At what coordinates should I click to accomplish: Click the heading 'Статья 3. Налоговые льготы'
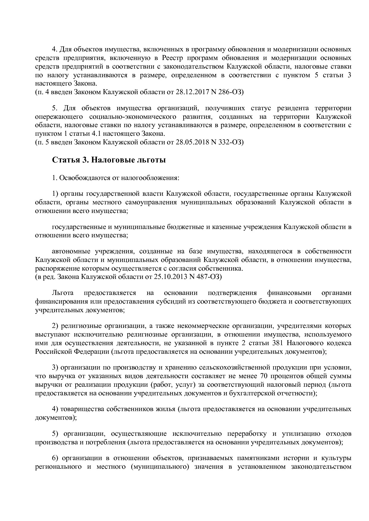coord(109,160)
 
